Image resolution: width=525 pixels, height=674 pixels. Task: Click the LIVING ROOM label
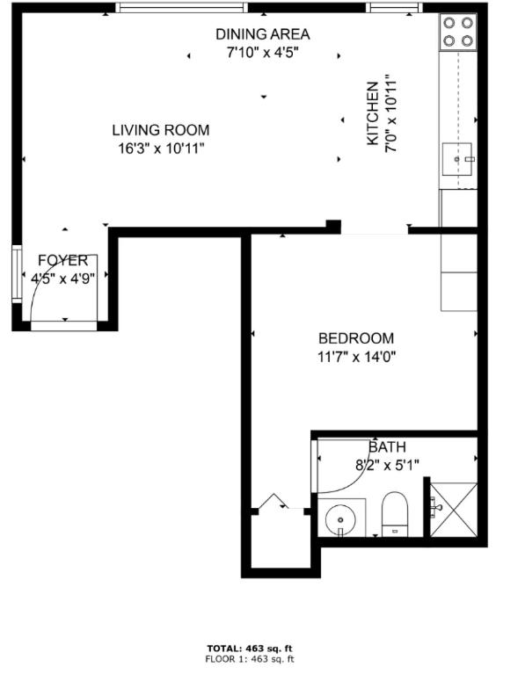click(160, 130)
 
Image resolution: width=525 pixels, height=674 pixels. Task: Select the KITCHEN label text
click(373, 114)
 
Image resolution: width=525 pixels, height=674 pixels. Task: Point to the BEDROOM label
click(355, 338)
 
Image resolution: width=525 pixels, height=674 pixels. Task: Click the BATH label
click(387, 447)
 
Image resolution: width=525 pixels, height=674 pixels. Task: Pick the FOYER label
click(62, 261)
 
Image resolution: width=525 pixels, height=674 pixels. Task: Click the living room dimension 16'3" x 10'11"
click(161, 149)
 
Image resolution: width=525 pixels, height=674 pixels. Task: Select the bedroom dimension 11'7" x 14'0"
click(355, 357)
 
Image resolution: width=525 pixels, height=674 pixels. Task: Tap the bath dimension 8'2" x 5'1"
click(388, 466)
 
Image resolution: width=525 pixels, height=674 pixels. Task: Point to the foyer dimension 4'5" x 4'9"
click(62, 279)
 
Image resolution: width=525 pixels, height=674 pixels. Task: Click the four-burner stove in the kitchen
click(457, 32)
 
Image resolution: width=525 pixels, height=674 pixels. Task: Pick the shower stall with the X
click(454, 510)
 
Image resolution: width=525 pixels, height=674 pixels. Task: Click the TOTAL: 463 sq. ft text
click(251, 648)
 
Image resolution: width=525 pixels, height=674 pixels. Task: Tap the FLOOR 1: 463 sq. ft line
click(251, 659)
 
